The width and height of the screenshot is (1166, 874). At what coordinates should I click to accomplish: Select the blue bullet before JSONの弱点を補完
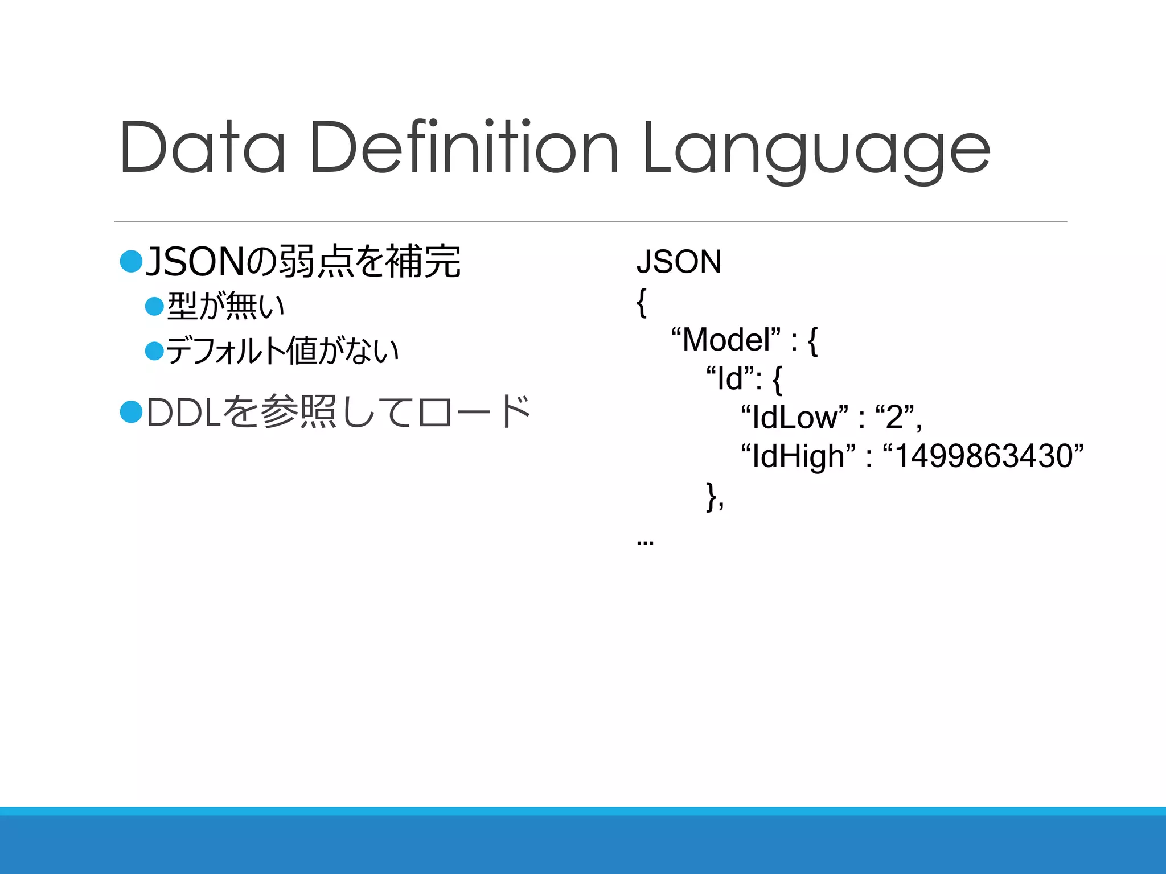tap(131, 261)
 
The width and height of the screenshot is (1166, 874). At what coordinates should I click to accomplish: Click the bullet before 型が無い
tap(154, 306)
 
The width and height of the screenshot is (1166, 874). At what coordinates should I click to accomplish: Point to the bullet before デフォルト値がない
tap(154, 351)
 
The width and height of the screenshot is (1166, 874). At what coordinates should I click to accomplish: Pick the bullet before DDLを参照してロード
tap(131, 411)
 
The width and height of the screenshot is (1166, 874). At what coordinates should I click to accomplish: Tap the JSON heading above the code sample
tap(679, 262)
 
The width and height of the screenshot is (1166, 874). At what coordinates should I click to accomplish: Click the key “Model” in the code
tap(726, 340)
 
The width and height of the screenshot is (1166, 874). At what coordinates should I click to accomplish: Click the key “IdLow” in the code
tap(794, 418)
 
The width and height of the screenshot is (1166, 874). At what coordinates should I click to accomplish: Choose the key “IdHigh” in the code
tap(798, 456)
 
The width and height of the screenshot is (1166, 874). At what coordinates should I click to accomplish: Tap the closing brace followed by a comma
tap(714, 496)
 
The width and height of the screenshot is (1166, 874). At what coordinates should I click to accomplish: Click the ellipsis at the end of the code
tap(645, 542)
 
